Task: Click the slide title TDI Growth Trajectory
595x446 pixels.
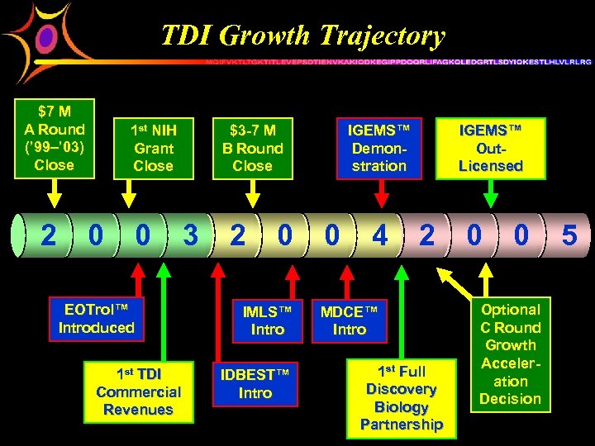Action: (x=302, y=36)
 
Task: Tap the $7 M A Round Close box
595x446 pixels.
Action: (x=55, y=138)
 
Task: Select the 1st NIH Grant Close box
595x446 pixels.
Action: (x=154, y=148)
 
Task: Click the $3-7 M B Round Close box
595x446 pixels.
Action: (x=252, y=148)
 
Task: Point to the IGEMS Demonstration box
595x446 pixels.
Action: (x=379, y=148)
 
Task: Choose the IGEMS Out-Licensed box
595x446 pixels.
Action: (x=491, y=148)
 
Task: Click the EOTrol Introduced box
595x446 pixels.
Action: (x=97, y=319)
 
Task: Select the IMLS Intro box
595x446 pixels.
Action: (x=268, y=320)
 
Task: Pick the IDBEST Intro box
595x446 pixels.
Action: (x=255, y=383)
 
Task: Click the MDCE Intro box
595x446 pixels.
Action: (x=349, y=320)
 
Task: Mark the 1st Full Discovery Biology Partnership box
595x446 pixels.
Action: (x=402, y=398)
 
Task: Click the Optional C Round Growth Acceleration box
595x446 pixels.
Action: (x=510, y=354)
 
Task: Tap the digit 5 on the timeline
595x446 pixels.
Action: (x=569, y=236)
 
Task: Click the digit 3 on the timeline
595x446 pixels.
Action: (x=191, y=236)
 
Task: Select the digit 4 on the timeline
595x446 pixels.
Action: (x=379, y=236)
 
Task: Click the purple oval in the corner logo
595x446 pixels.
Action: (x=47, y=37)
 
